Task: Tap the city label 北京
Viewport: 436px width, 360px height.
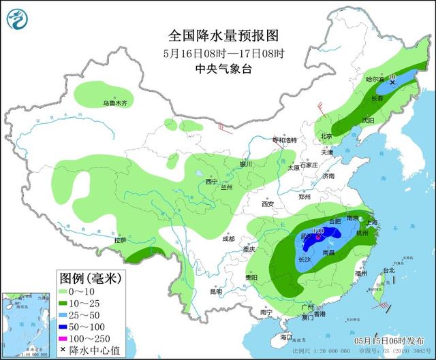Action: coord(326,136)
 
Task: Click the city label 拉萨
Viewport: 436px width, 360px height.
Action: coord(121,240)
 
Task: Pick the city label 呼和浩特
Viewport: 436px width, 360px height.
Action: coord(285,140)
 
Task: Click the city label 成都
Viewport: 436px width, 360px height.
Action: coord(228,239)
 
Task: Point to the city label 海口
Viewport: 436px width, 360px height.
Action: coord(285,337)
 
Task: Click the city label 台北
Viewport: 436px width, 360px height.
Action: coord(388,270)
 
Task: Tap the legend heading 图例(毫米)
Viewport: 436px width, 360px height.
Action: coord(89,278)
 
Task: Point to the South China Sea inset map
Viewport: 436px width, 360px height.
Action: coord(27,323)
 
